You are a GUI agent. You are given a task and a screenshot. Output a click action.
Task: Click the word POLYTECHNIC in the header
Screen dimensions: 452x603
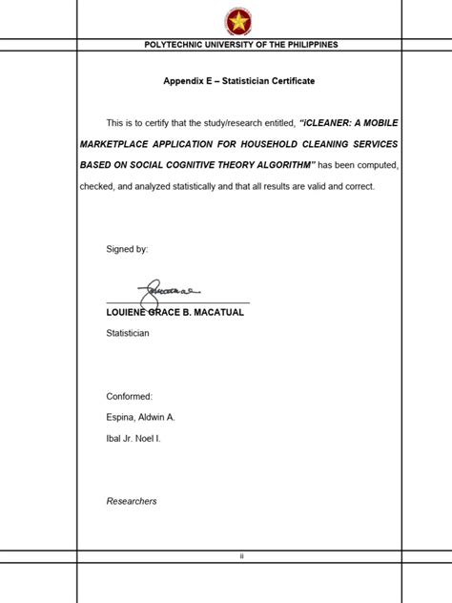point(172,45)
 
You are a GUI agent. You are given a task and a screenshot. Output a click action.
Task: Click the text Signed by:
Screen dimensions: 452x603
point(127,249)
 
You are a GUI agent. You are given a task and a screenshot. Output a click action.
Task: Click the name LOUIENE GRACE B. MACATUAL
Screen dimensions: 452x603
point(175,312)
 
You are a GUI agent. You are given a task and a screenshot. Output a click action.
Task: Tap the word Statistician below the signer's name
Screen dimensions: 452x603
point(128,333)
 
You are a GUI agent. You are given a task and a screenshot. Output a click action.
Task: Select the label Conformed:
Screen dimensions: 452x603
point(130,396)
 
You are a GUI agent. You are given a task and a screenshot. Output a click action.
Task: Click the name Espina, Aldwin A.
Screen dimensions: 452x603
point(141,417)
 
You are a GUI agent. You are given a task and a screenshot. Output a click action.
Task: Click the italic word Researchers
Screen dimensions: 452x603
point(132,501)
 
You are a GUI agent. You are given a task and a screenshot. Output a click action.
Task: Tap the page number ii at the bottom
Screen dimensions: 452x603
point(242,556)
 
